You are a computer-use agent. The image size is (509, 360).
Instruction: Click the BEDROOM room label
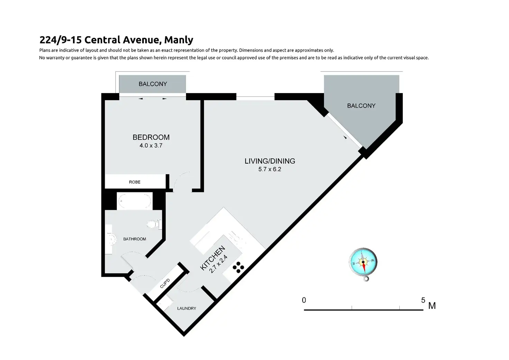[151, 137]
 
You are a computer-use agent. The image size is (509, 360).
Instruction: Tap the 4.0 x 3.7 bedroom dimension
[151, 146]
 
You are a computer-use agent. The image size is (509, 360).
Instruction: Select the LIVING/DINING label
[270, 161]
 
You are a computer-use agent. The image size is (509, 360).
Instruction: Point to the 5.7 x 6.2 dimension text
[270, 169]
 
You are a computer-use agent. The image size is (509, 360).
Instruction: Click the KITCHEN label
[212, 258]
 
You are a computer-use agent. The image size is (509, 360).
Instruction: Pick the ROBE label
[135, 182]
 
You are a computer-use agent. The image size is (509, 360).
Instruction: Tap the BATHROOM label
[135, 239]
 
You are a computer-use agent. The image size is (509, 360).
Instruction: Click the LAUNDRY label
[187, 308]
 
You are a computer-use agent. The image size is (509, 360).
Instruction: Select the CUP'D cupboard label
[165, 284]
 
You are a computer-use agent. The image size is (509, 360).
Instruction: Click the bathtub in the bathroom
[135, 201]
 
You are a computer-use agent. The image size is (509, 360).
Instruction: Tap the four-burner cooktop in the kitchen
[238, 267]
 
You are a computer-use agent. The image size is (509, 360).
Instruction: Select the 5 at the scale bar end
[423, 300]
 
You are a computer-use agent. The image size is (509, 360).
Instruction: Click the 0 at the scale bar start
[304, 300]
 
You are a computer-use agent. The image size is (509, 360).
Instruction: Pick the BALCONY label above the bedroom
[153, 84]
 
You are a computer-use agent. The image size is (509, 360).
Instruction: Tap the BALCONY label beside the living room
[361, 106]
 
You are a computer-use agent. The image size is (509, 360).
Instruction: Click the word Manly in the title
[179, 40]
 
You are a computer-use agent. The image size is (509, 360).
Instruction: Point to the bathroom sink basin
[111, 239]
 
